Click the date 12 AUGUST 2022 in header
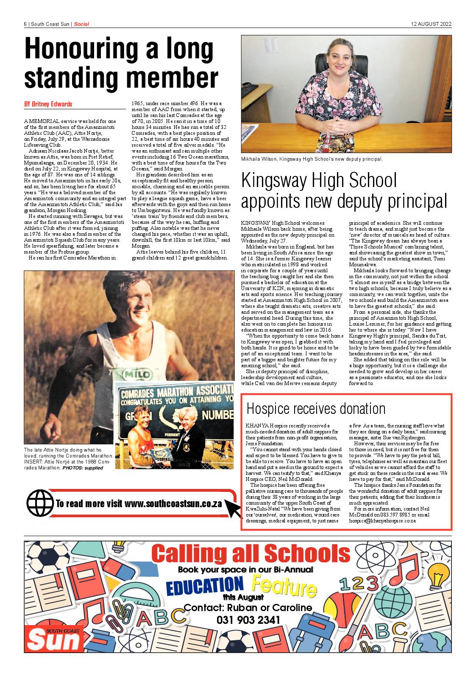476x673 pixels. [431, 24]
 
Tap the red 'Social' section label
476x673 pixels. [81, 24]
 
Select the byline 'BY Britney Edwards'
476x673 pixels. [48, 104]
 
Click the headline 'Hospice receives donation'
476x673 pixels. [316, 408]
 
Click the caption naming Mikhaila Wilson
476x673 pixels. [312, 159]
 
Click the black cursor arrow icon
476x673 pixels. [233, 508]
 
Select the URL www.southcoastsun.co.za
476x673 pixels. [173, 504]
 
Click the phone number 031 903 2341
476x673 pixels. [248, 620]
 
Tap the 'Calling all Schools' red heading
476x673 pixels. [251, 554]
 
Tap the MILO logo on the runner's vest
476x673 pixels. [137, 374]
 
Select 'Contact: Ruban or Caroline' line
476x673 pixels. [248, 607]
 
